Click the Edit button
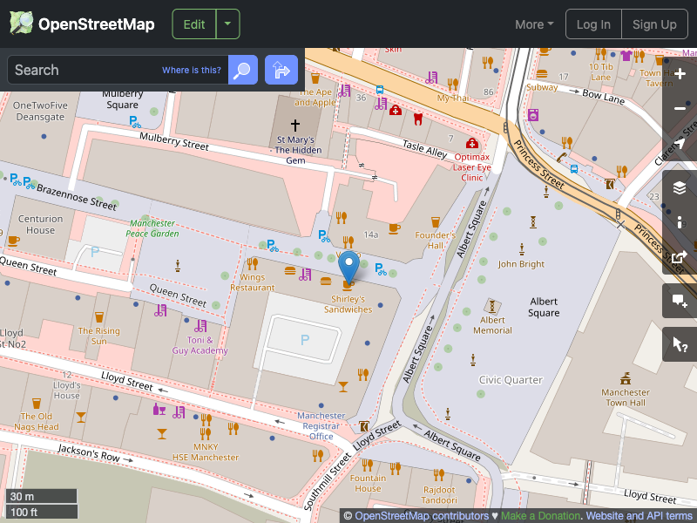pos(193,24)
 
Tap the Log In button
pos(593,24)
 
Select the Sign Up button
pos(654,24)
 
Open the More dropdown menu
pos(534,24)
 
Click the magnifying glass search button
pos(243,70)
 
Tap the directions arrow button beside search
pos(281,70)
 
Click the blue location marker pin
pos(348,266)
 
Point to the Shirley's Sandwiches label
pos(348,303)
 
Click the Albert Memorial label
pos(492,325)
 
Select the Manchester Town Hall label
pos(625,397)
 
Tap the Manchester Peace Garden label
pos(152,228)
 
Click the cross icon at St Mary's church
pos(295,126)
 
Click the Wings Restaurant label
pos(252,282)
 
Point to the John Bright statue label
pos(520,264)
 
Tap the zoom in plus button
pos(680,73)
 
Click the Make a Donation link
pos(540,516)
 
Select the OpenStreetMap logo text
pos(96,24)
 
